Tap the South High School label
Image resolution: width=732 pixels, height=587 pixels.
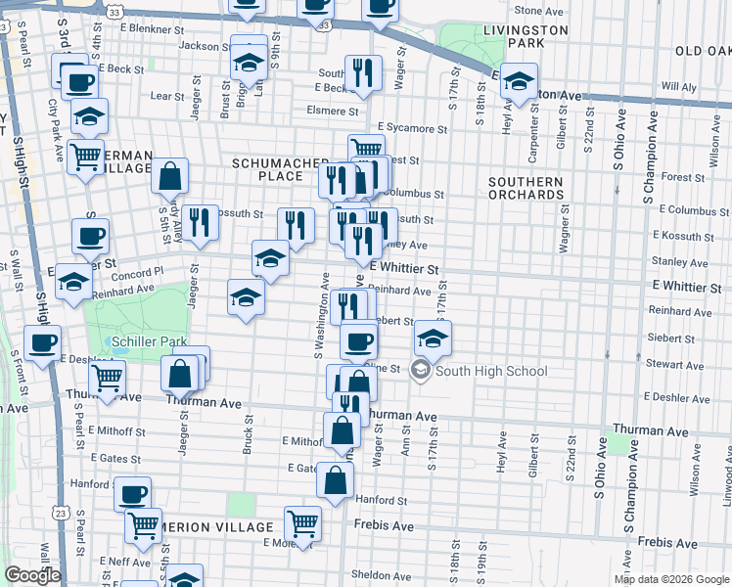(491, 371)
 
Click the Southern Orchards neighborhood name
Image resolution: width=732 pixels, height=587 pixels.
(528, 188)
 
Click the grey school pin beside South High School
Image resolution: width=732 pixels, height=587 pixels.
(421, 370)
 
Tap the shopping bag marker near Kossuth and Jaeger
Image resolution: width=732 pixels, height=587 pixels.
(169, 177)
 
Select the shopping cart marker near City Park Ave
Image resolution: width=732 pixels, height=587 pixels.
(86, 154)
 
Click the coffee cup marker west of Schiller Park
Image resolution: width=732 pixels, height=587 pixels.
(42, 343)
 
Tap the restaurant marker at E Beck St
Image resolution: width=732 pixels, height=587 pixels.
(363, 72)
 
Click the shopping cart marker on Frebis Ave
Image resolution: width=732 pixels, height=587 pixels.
(302, 523)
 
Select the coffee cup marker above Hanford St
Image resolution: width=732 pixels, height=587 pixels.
(132, 493)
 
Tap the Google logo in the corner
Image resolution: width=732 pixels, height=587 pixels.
(32, 575)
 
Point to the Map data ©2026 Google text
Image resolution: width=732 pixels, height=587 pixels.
(670, 579)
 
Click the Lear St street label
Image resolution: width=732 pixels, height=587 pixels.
(167, 96)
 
